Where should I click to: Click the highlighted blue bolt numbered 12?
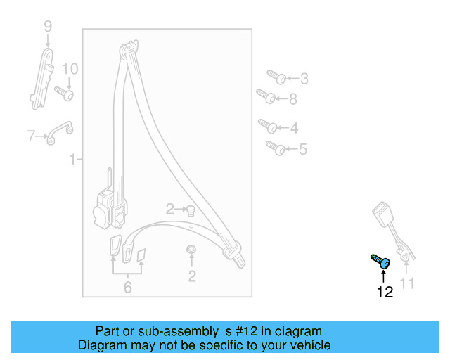tap(380, 262)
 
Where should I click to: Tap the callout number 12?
tap(385, 292)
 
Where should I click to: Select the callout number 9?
tap(48, 27)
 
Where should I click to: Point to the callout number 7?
tap(31, 136)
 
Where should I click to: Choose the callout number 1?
tap(72, 160)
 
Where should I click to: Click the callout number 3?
tap(304, 79)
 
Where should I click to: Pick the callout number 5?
tap(303, 149)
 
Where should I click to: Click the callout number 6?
tap(127, 287)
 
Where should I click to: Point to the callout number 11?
tap(407, 284)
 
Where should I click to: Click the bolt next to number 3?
tap(275, 76)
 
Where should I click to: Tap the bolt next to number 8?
tap(265, 96)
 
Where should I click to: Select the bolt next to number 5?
tap(274, 147)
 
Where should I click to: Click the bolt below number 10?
tap(64, 93)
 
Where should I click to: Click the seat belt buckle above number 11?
tap(386, 214)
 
